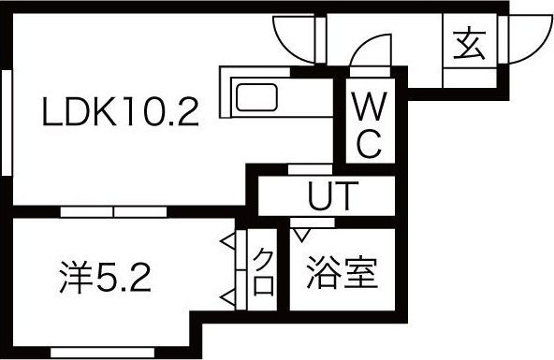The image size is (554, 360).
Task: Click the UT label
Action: pyautogui.click(x=332, y=197)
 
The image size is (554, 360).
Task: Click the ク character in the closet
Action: pyautogui.click(x=265, y=256)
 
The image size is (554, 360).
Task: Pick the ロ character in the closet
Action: pyautogui.click(x=265, y=284)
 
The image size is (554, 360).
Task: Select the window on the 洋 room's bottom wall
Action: pyautogui.click(x=88, y=352)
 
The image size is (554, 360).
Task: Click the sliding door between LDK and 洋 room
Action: pyautogui.click(x=112, y=211)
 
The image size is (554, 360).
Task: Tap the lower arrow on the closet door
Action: pyautogui.click(x=227, y=298)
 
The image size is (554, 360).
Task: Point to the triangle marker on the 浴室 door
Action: pyautogui.click(x=301, y=226)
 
